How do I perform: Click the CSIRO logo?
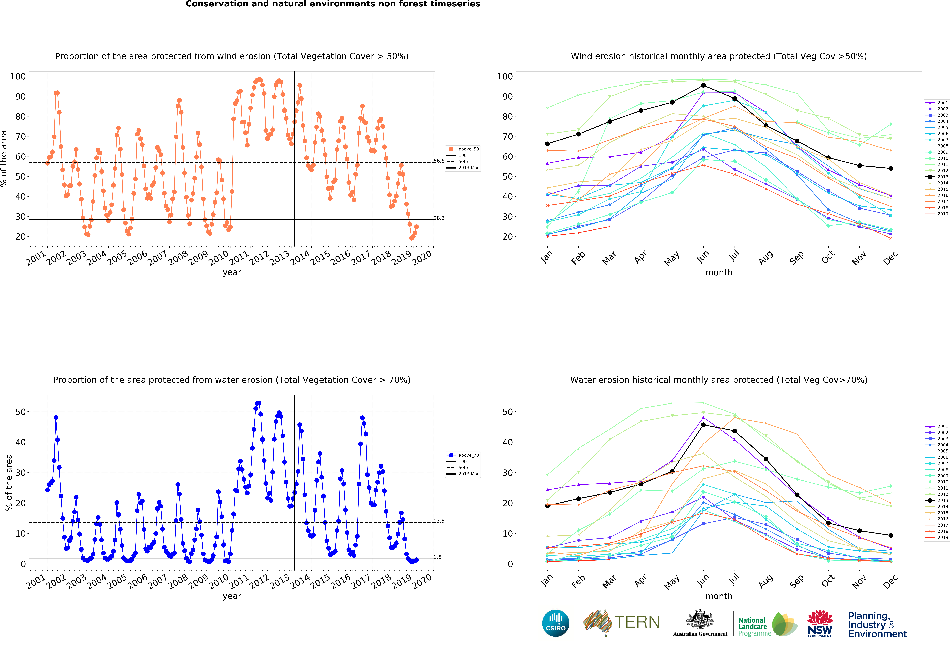click(x=556, y=623)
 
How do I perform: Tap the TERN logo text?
click(x=637, y=622)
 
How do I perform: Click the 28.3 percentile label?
click(x=439, y=218)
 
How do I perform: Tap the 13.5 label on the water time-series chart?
click(x=439, y=521)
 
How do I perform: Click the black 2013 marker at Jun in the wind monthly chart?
click(x=703, y=86)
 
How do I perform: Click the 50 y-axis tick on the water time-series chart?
click(x=20, y=412)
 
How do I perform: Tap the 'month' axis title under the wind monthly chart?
click(x=719, y=272)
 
